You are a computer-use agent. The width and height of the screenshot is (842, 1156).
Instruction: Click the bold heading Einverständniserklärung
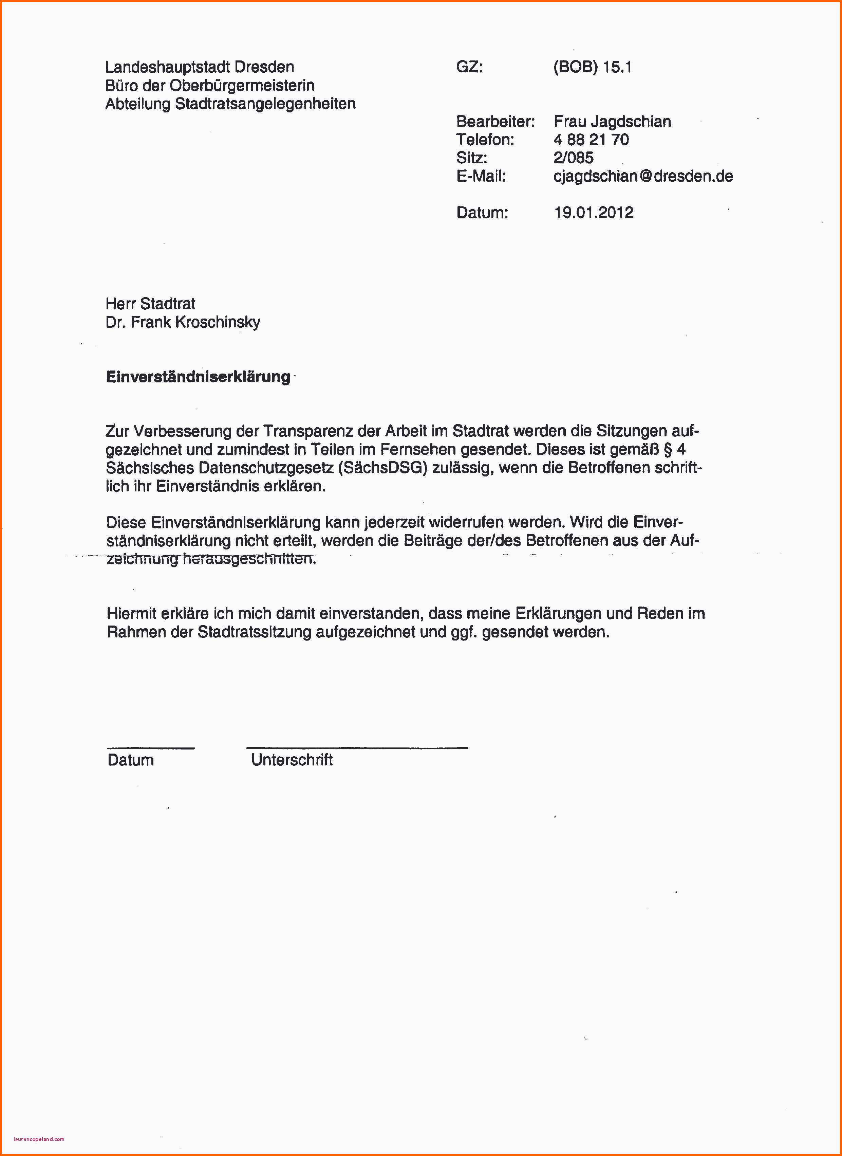(198, 377)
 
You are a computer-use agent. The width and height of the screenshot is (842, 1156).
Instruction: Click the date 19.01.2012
(593, 213)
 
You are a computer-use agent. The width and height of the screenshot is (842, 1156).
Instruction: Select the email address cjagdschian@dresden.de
(643, 177)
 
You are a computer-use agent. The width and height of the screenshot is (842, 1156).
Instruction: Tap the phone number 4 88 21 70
(591, 140)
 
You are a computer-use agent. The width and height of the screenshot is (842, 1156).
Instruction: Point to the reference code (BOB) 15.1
(592, 67)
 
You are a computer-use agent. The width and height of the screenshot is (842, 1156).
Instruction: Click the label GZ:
(469, 67)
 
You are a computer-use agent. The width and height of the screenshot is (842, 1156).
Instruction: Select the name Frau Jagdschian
(612, 122)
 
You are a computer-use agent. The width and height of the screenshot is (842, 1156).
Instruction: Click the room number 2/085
(574, 158)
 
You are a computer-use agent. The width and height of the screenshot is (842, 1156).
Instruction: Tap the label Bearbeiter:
(495, 122)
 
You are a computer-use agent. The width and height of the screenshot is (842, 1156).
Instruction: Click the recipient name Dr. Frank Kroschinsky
(183, 322)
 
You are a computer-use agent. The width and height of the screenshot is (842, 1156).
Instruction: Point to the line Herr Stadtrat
(150, 304)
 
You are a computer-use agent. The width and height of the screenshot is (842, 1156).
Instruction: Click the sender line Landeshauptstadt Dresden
(199, 67)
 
